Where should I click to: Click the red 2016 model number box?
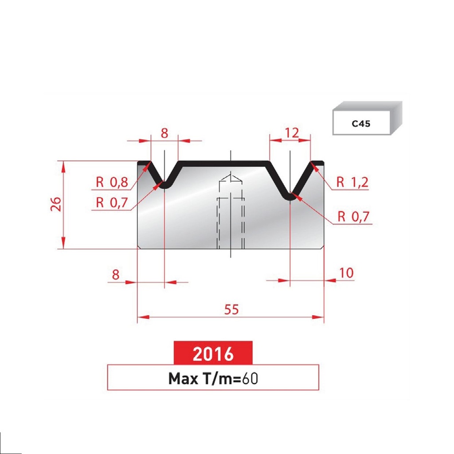213,353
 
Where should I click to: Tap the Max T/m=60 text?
213,378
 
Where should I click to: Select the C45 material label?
361,124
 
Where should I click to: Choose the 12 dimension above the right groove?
291,132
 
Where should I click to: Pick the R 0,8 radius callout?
112,182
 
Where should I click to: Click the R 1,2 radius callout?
352,182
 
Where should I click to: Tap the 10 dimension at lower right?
346,273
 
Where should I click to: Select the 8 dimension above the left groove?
164,133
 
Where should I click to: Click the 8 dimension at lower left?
116,274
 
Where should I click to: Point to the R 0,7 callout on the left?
112,203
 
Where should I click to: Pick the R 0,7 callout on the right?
353,217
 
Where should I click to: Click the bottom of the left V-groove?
164,186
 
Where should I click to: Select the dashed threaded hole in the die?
231,217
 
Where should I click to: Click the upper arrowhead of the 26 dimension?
64,165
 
